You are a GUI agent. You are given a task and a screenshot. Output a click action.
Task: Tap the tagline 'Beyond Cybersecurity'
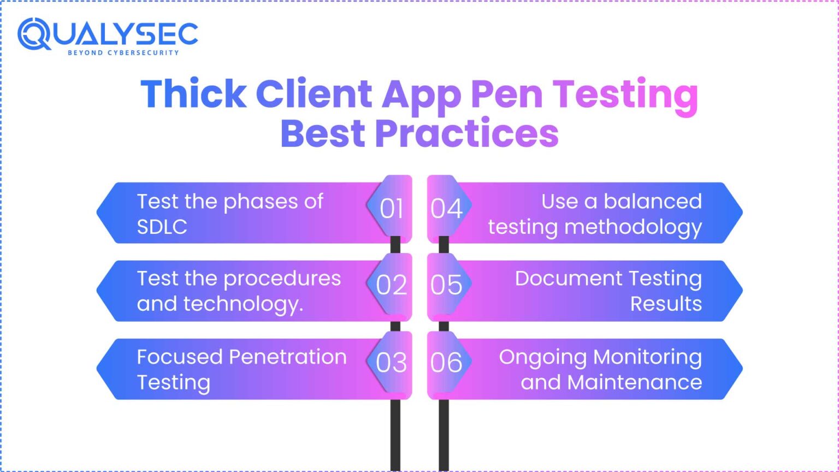click(123, 52)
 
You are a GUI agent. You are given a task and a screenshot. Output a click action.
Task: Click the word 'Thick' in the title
click(193, 94)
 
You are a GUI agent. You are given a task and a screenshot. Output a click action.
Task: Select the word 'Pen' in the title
click(506, 94)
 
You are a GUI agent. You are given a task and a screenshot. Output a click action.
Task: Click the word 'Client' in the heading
click(314, 94)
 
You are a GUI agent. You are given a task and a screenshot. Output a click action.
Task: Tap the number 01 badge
click(392, 209)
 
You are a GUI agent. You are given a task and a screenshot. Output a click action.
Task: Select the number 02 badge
click(392, 285)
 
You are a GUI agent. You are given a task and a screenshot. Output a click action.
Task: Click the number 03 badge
click(392, 363)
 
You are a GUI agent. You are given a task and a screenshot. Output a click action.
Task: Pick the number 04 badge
click(446, 209)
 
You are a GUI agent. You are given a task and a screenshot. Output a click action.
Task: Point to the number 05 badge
click(446, 285)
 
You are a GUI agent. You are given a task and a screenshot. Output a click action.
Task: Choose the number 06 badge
click(446, 363)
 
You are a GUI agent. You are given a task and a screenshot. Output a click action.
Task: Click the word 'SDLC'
click(162, 227)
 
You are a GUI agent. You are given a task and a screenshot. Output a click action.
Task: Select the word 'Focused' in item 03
click(180, 357)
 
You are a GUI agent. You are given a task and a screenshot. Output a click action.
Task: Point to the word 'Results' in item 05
click(666, 304)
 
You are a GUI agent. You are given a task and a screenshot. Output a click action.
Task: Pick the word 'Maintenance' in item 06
click(635, 382)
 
